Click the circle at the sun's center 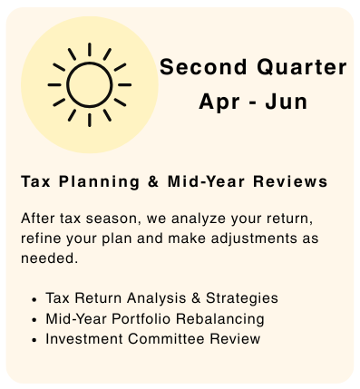90,63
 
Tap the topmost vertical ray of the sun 90,49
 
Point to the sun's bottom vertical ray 90,120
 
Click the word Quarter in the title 302,67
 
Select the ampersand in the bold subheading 153,181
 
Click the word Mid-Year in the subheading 206,181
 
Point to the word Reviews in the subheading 290,181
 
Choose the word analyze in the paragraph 199,219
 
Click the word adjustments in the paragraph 254,238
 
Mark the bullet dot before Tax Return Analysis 34,299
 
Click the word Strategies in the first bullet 242,298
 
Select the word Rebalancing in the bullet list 220,318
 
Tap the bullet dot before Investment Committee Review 34,340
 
